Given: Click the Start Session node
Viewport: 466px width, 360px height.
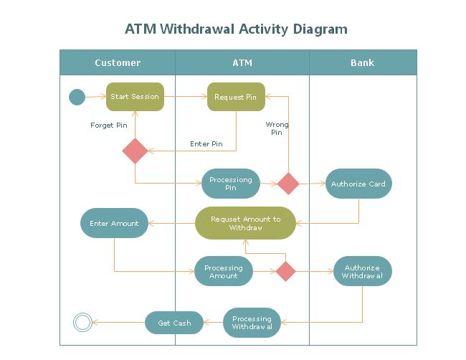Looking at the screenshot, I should tap(135, 97).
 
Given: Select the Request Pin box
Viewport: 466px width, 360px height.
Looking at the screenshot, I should tap(236, 97).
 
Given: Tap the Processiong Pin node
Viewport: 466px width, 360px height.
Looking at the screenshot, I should tap(230, 184).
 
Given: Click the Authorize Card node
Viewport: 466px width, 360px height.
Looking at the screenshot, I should tap(358, 184).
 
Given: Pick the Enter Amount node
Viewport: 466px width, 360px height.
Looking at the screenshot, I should tap(114, 223).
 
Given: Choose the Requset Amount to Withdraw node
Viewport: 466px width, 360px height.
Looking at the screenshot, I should tap(245, 223).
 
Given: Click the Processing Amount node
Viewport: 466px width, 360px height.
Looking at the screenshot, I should tap(224, 271).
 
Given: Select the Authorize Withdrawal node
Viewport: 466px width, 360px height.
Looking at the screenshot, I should tap(362, 271).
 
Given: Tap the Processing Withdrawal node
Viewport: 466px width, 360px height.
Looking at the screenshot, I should tap(252, 323).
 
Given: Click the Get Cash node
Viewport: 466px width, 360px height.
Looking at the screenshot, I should tap(174, 323).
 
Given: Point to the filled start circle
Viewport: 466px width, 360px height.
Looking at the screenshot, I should tap(77, 97).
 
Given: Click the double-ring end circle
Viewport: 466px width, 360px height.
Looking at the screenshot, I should tap(82, 323).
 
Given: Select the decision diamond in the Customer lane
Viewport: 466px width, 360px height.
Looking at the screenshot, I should tap(135, 151).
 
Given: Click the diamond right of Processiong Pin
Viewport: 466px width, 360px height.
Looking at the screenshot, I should tap(288, 184).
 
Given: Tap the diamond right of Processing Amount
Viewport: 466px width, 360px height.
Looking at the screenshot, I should tap(285, 271).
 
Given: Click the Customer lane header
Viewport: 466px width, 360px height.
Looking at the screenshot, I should tap(118, 62).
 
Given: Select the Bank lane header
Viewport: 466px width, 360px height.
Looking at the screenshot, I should tap(362, 62).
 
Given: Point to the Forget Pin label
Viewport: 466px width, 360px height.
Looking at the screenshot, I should tap(109, 125).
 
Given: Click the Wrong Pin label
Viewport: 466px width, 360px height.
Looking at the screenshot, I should tap(277, 128).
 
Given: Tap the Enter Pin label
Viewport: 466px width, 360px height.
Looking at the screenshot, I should tap(206, 144).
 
